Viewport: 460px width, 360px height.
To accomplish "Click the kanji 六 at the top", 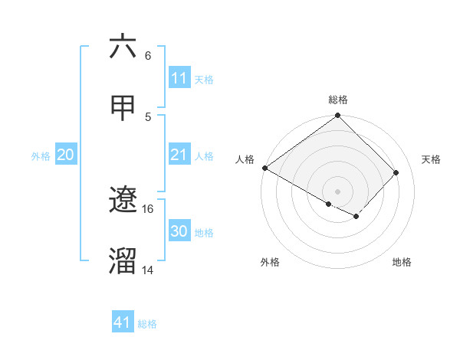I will point(123,47).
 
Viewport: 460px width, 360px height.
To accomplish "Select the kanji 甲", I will point(123,108).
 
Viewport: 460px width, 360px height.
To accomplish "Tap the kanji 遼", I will point(123,201).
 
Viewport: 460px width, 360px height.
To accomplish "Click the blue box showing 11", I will point(179,78).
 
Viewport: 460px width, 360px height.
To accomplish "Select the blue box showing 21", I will point(179,155).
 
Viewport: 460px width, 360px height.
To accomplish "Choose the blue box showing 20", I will point(66,155).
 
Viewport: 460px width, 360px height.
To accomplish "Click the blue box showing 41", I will point(123,322).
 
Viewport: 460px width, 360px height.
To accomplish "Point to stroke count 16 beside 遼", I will point(148,208).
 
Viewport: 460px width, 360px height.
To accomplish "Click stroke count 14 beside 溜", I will point(148,270).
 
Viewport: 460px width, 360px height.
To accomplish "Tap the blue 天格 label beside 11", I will point(204,79).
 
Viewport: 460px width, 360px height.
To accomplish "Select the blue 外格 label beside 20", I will point(41,156).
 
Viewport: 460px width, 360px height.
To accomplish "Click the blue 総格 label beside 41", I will point(147,324).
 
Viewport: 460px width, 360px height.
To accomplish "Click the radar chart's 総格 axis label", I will point(338,100).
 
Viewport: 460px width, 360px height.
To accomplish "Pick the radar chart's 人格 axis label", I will point(245,159).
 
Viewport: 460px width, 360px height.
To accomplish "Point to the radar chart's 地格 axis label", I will point(402,262).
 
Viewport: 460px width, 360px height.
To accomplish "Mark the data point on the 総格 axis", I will point(338,116).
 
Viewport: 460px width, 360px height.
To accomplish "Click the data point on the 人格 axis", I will point(264,168).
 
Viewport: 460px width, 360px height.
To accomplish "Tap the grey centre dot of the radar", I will point(338,191).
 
